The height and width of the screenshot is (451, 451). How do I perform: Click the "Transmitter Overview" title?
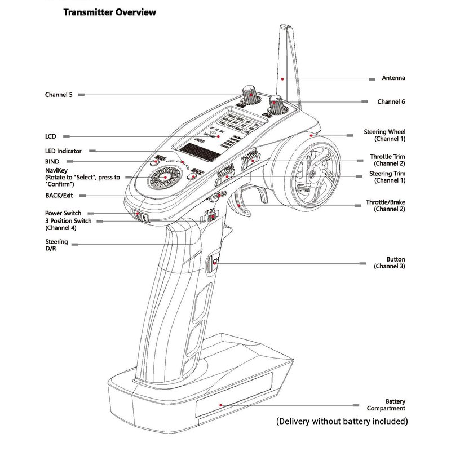click(109, 12)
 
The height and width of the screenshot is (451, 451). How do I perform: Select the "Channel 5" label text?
click(59, 95)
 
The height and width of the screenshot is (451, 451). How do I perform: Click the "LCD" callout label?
click(50, 136)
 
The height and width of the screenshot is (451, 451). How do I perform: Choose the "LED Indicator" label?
click(63, 151)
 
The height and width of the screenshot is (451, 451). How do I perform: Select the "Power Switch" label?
click(63, 213)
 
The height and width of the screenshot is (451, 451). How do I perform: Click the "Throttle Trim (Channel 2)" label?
click(388, 160)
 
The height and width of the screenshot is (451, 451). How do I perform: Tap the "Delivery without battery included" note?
click(342, 421)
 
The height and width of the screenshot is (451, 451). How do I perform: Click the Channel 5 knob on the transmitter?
click(249, 94)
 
